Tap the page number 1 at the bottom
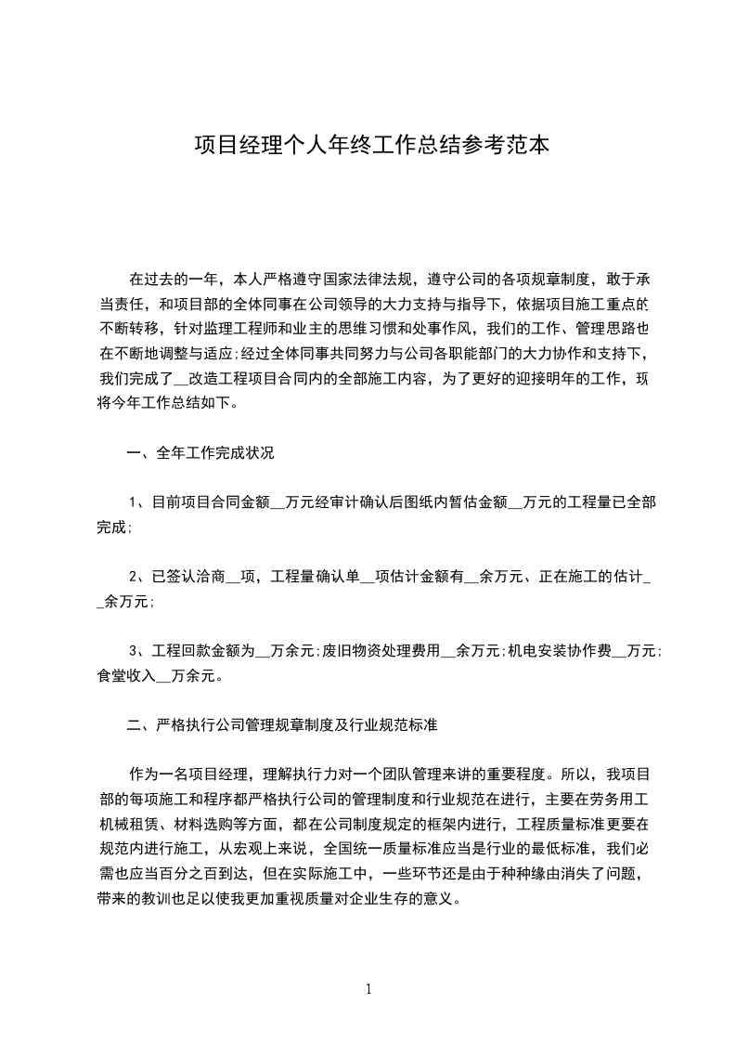pyautogui.click(x=368, y=989)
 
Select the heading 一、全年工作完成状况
pyautogui.click(x=200, y=454)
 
